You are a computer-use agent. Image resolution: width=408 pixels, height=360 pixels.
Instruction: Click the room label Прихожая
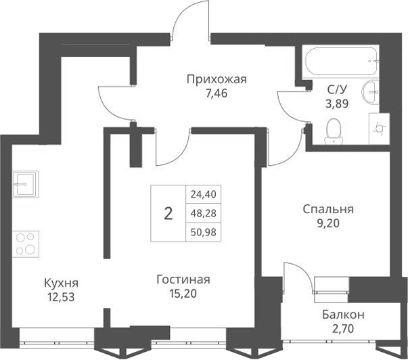coord(217,79)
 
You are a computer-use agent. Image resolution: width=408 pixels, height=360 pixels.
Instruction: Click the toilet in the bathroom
coord(333,131)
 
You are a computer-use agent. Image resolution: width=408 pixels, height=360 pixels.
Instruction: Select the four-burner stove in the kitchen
coord(26,243)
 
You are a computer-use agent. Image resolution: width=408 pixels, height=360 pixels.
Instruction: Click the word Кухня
coord(61,283)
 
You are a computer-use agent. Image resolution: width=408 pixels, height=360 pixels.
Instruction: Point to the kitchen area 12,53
coord(61,296)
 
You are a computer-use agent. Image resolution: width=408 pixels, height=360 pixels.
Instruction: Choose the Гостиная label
coord(183,279)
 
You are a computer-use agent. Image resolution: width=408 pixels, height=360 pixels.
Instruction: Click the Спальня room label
coord(328,209)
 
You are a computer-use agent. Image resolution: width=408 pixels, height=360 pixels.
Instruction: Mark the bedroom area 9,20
coord(328,223)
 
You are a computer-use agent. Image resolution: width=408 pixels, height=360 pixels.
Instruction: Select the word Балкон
coord(343,315)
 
